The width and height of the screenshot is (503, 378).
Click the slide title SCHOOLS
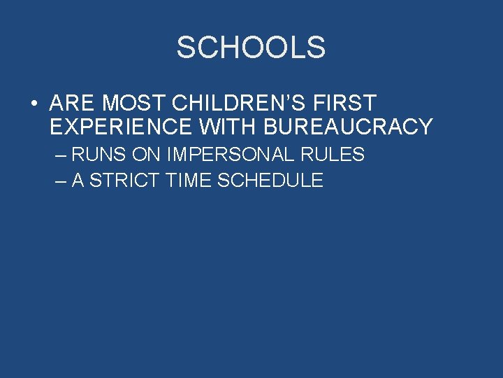coord(251,48)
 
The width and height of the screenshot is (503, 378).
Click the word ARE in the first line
coord(73,104)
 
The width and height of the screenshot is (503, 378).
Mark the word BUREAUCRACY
coord(348,127)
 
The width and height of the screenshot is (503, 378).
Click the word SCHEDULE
coord(270,180)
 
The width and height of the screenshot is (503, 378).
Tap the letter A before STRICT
coord(78,180)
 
